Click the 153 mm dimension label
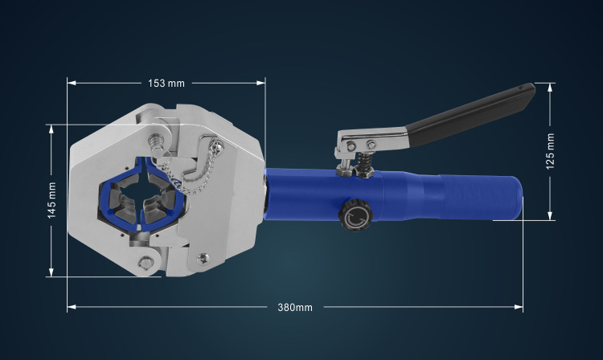click(166, 83)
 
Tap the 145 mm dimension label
click(51, 201)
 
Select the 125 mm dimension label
click(550, 151)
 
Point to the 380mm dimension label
click(295, 307)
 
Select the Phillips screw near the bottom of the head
click(203, 258)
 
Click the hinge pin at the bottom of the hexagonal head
click(146, 263)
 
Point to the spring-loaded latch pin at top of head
click(155, 142)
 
